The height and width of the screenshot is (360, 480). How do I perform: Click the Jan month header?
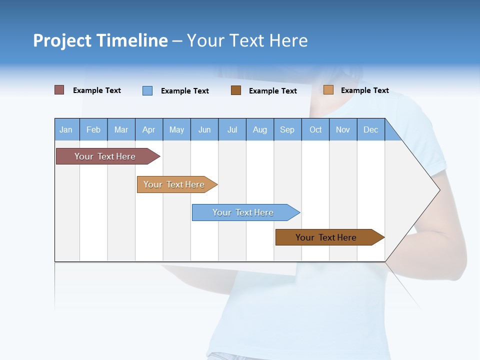66,129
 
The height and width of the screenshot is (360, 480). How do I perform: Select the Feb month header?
93,129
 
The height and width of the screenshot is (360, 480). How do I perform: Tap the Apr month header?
148,129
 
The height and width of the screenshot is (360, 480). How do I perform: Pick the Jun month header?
204,129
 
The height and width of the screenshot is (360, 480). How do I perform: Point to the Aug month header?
260,129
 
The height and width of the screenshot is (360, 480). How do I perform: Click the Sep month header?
287,129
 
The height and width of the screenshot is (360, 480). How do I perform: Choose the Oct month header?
315,129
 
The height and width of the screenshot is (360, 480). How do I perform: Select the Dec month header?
370,129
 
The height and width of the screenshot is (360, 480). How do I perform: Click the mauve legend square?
59,90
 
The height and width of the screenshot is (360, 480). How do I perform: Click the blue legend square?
147,90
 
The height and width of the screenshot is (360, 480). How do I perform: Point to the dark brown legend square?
236,90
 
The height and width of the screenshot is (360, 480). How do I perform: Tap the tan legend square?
328,90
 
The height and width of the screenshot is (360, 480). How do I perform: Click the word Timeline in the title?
132,40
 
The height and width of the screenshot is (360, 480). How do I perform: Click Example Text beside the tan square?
364,90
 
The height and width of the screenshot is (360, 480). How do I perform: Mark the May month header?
176,129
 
